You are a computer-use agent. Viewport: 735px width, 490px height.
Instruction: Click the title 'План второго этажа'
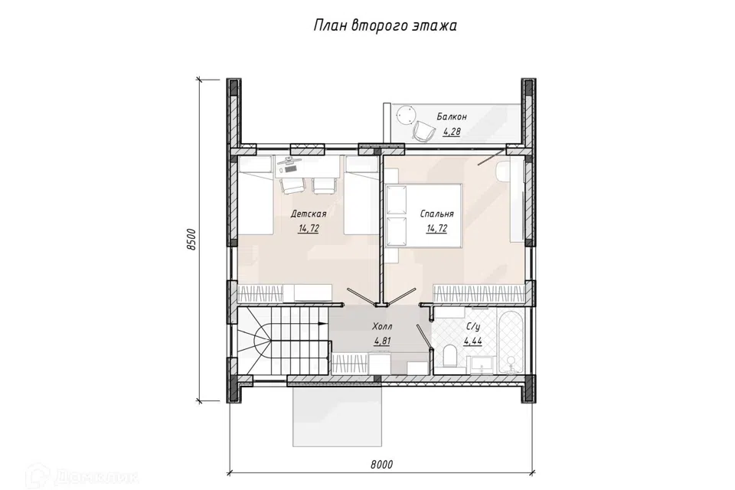point(384,26)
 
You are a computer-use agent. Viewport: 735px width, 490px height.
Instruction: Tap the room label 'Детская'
point(309,214)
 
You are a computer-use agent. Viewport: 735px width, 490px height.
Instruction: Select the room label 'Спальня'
point(437,214)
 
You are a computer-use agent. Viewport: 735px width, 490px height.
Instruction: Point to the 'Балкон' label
point(452,116)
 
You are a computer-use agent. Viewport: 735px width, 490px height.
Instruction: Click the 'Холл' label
point(382,326)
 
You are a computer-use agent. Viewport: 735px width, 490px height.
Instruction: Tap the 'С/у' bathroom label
point(472,326)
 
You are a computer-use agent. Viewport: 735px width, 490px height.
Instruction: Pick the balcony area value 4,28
point(452,132)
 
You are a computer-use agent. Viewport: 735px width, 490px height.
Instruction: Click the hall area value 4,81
point(382,341)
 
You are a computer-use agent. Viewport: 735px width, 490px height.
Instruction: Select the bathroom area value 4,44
point(472,341)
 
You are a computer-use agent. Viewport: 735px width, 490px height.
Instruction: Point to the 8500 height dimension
point(191,240)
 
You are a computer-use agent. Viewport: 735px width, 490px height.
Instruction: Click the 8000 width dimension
point(381,465)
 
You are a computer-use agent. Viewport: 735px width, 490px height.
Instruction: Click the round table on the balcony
point(405,115)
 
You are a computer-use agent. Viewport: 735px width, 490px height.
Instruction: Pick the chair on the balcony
point(423,131)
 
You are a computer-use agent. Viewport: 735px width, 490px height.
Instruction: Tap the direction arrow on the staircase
point(322,324)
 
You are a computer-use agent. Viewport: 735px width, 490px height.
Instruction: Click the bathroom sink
point(482,364)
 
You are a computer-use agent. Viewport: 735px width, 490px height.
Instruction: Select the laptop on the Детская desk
point(291,162)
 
